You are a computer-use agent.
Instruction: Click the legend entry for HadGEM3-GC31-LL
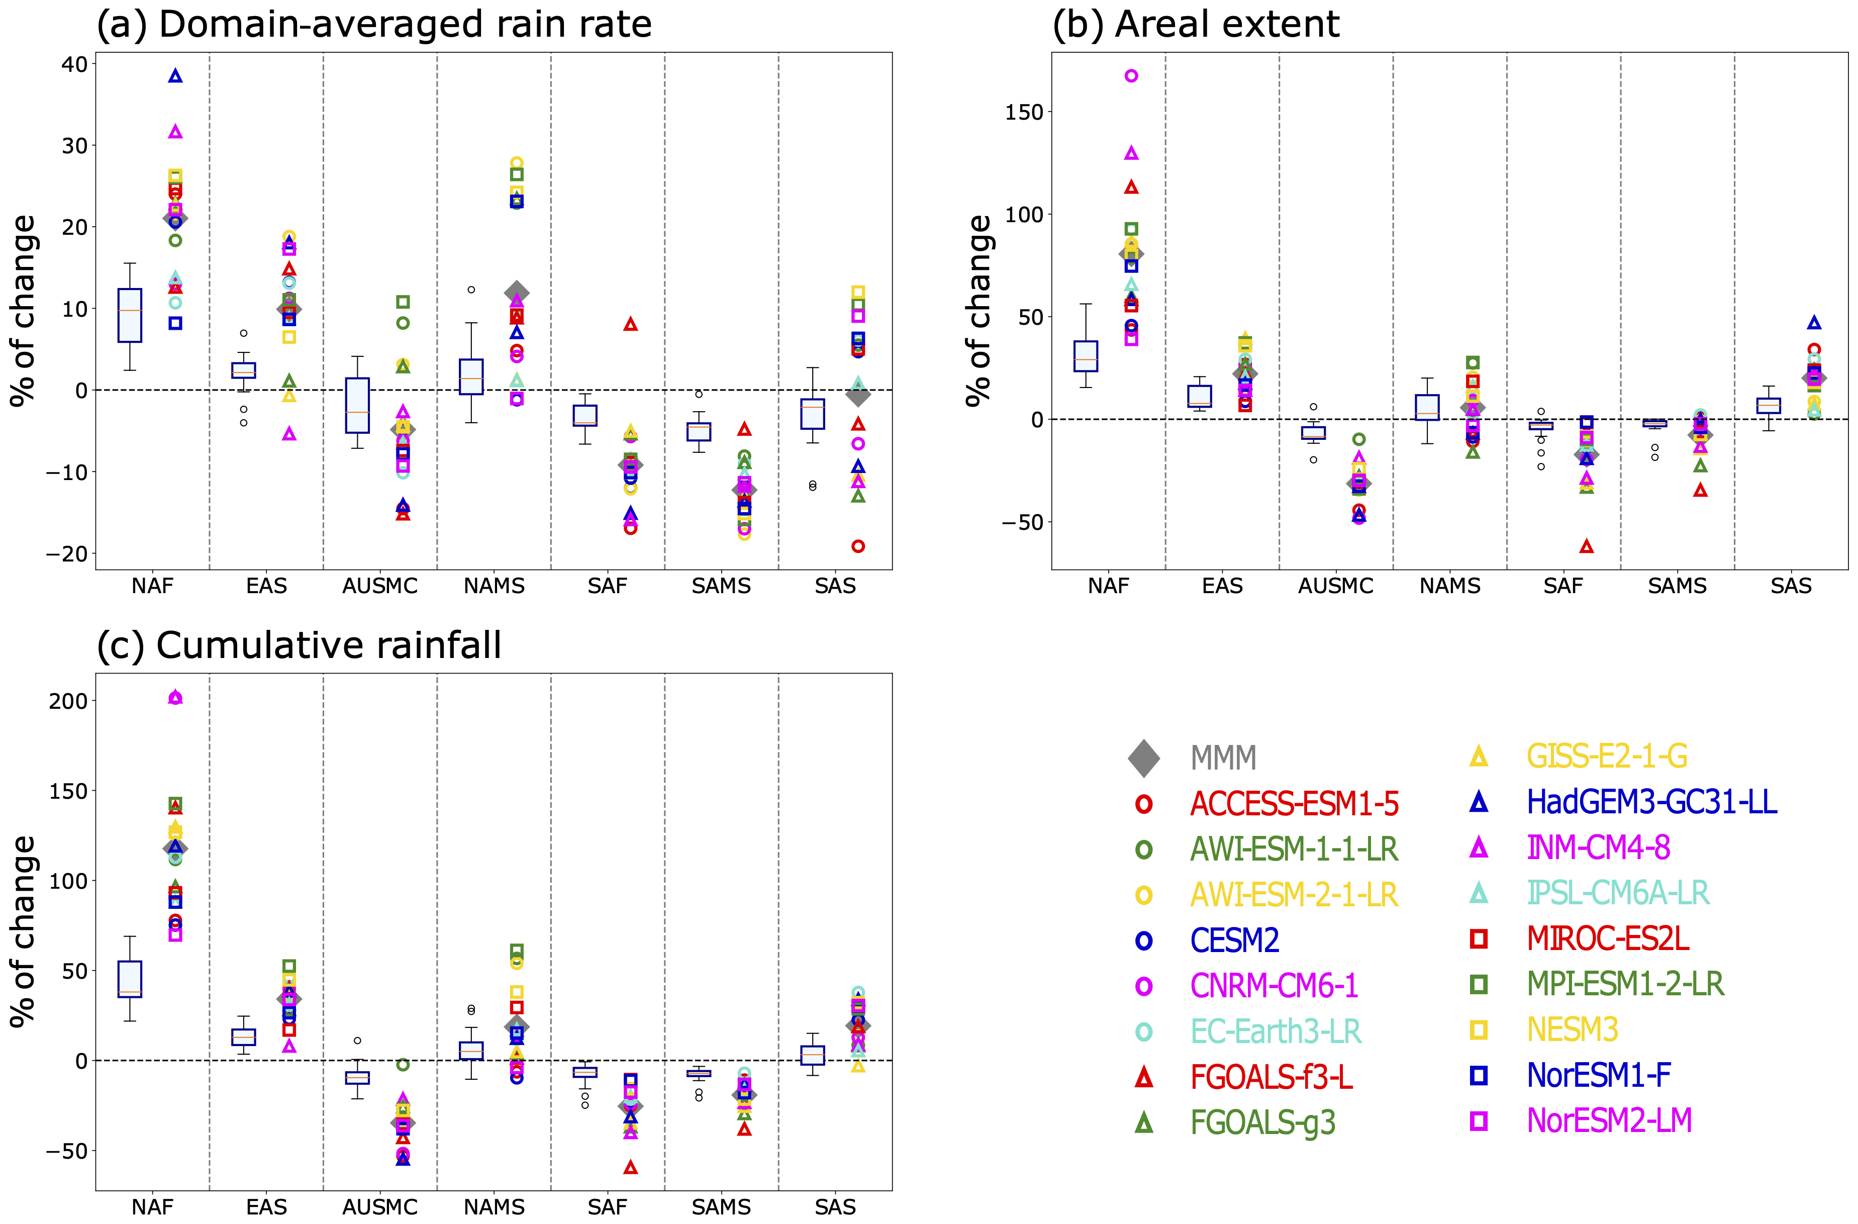point(1651,802)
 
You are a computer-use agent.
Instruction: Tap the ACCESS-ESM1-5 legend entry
point(1294,803)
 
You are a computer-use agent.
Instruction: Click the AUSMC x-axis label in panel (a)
point(380,586)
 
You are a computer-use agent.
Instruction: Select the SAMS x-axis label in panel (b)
point(1677,586)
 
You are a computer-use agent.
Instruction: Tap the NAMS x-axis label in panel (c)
point(494,1207)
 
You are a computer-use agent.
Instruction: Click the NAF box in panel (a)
point(130,315)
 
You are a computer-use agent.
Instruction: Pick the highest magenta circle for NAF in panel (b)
point(1131,76)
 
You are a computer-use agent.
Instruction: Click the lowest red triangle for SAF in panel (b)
point(1586,546)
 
